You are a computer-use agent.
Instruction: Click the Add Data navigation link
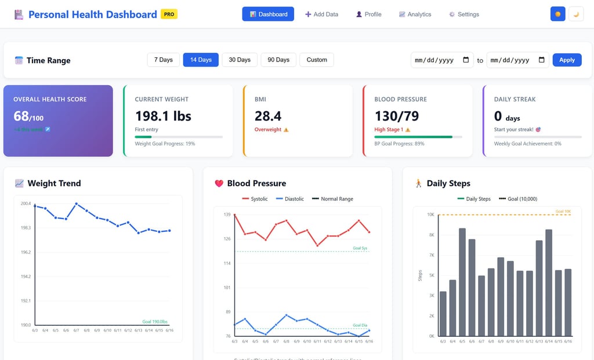point(321,14)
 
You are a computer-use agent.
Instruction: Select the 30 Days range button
point(240,60)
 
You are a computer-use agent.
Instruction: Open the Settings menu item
point(463,14)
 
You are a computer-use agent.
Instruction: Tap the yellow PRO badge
point(169,14)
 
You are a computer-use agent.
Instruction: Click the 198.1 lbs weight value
point(163,116)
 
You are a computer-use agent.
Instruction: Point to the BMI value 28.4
point(268,116)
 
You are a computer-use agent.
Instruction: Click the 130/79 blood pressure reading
point(397,116)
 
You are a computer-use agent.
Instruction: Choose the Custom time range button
point(317,60)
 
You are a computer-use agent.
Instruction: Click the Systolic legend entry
point(255,199)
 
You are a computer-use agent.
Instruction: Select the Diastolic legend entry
point(289,199)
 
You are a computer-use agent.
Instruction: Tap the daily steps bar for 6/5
point(462,282)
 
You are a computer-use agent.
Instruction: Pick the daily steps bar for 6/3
point(443,314)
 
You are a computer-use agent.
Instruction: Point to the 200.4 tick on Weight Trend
point(26,203)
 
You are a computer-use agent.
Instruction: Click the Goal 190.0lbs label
point(155,321)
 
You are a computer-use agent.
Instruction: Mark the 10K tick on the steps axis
point(431,214)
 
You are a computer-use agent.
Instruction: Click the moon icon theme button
point(576,14)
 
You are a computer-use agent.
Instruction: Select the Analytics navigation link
point(415,14)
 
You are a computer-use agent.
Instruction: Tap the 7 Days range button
point(163,60)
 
